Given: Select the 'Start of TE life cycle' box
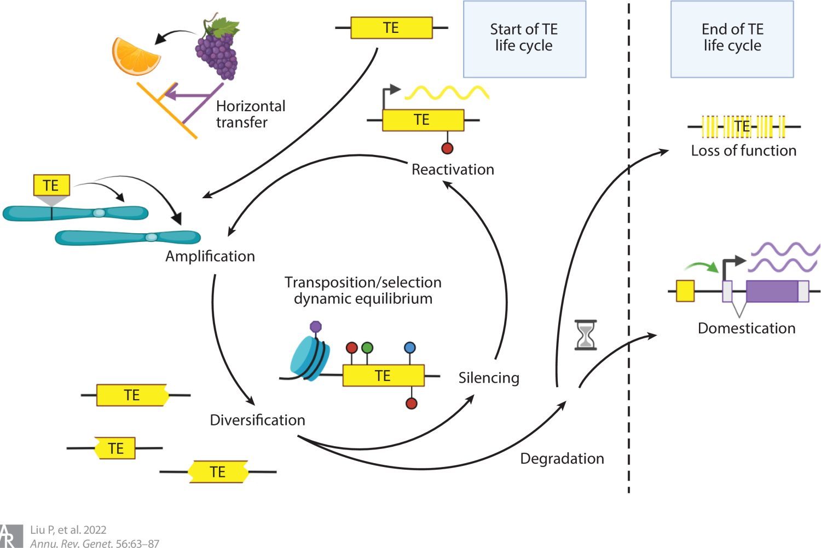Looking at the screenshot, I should point(524,39).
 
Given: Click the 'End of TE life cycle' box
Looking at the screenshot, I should point(732,39).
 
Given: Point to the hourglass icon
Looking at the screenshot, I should point(586,335).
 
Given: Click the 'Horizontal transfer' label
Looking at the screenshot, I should point(250,114).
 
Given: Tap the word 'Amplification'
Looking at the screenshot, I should point(210,256).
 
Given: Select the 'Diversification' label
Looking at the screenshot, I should point(257,420).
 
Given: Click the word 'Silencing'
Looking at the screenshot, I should point(489,378).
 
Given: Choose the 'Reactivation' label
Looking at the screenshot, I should point(453,170).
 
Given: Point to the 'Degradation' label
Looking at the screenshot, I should point(562,459).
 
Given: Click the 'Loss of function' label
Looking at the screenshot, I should point(743,151).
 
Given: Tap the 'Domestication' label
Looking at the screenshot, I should point(747,328).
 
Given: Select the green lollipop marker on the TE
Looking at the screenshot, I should point(367,348).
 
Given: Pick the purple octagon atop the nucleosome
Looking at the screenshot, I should point(316,327).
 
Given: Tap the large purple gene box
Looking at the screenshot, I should point(772,291).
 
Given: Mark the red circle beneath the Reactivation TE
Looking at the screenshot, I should point(447,148).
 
